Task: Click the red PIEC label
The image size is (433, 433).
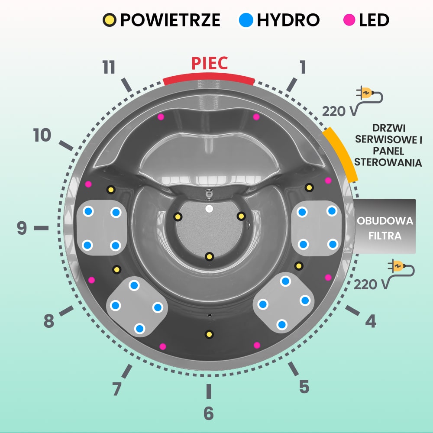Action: pos(210,63)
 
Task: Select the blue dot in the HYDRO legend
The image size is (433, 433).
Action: pos(246,20)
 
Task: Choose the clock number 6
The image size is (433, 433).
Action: pos(209,414)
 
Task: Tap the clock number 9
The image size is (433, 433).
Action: pos(22,228)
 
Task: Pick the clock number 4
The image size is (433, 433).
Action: pos(371,321)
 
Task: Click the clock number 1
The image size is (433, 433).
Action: pos(302,67)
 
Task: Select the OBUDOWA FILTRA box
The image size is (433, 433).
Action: pos(385,226)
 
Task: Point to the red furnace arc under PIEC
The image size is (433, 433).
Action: pos(209,78)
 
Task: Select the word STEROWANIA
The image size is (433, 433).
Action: pos(388,163)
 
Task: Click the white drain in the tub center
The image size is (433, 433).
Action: pos(209,209)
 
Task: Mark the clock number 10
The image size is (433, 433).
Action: pos(42,136)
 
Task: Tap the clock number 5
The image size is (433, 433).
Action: pos(304,387)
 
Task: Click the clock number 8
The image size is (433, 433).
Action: pos(48,322)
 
